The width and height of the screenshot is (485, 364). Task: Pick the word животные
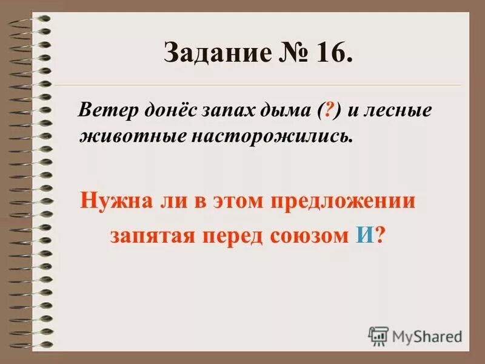click(x=125, y=135)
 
